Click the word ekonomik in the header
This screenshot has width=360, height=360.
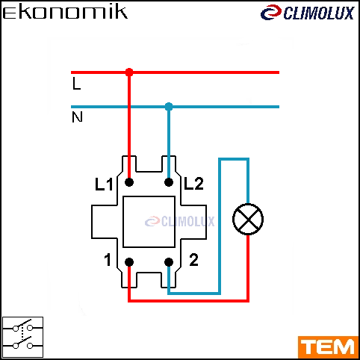65,13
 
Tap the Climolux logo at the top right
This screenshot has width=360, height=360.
308,13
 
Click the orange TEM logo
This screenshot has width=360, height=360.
328,347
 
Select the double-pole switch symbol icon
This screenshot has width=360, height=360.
22,337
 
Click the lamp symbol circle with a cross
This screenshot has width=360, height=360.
248,219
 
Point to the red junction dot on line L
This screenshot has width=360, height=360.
129,72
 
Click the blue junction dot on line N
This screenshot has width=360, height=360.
169,107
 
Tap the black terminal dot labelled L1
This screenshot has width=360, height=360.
129,182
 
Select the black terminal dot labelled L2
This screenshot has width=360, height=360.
169,182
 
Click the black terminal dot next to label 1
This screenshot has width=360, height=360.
129,262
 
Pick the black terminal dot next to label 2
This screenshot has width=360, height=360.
169,262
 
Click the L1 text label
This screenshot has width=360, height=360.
104,184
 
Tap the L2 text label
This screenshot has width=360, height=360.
193,184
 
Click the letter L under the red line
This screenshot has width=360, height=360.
77,84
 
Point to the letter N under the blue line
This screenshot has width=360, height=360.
77,117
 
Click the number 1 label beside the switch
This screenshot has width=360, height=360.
108,260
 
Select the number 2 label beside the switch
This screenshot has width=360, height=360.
193,260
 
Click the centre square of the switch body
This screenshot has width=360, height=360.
149,222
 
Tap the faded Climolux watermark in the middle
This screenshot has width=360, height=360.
179,221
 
